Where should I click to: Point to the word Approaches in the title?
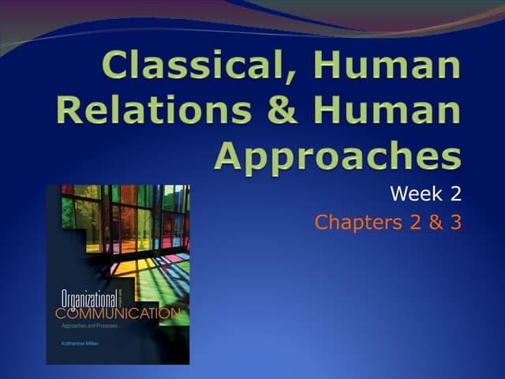tap(337, 155)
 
